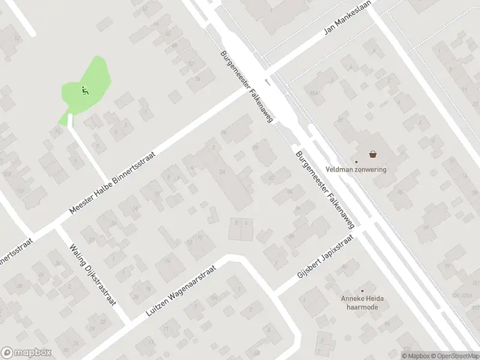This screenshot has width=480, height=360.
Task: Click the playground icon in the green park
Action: [x=85, y=91]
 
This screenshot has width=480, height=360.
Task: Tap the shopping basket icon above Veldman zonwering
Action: [x=373, y=154]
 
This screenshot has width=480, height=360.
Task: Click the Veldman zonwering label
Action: [x=356, y=169]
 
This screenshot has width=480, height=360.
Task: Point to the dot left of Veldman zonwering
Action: [x=356, y=161]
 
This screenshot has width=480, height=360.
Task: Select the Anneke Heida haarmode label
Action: [x=362, y=303]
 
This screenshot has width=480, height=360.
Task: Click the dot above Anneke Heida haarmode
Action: [x=362, y=291]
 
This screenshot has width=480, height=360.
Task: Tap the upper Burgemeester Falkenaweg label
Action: [x=247, y=86]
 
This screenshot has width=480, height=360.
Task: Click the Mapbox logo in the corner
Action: [x=26, y=352]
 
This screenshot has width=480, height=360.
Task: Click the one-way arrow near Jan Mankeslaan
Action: [x=268, y=81]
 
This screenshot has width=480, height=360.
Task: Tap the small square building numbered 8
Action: [x=236, y=229]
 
